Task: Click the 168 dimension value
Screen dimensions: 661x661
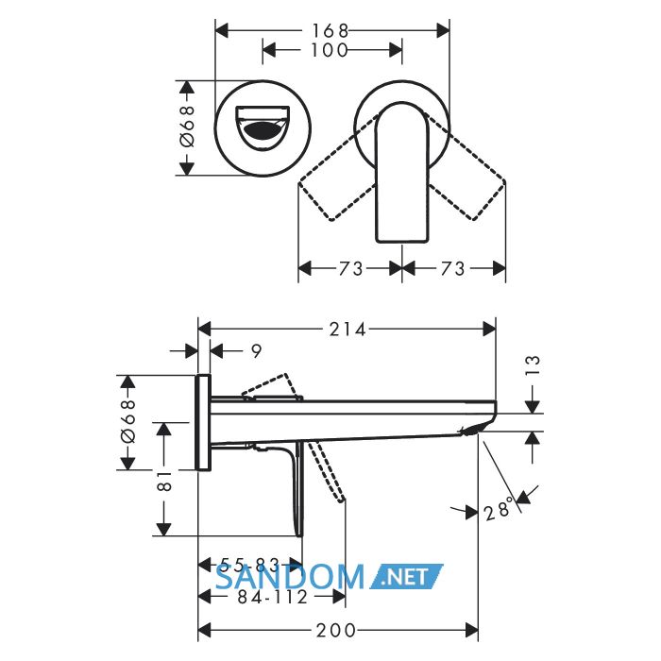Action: [x=330, y=31]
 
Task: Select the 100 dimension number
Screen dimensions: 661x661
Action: [x=330, y=50]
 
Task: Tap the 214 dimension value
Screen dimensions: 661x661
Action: [x=347, y=330]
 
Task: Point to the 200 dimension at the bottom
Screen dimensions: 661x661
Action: [x=336, y=631]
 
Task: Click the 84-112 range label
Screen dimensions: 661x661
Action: [x=273, y=597]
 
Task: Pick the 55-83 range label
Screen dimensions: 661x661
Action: [x=250, y=564]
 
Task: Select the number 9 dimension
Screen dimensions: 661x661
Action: [x=256, y=350]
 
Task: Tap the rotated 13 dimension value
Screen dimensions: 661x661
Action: [x=533, y=365]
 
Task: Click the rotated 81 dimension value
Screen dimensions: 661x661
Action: [x=164, y=481]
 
